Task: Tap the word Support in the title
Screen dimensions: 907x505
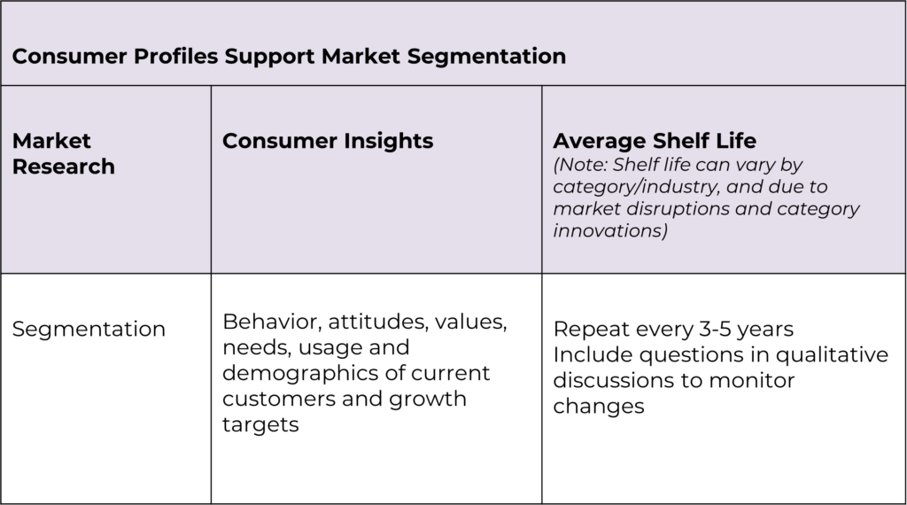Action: pyautogui.click(x=269, y=57)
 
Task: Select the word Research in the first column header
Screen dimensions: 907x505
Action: pyautogui.click(x=64, y=167)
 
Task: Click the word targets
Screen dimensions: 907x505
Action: pyautogui.click(x=260, y=425)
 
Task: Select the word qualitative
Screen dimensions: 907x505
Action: pyautogui.click(x=831, y=355)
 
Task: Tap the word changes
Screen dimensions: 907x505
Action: pyautogui.click(x=599, y=407)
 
